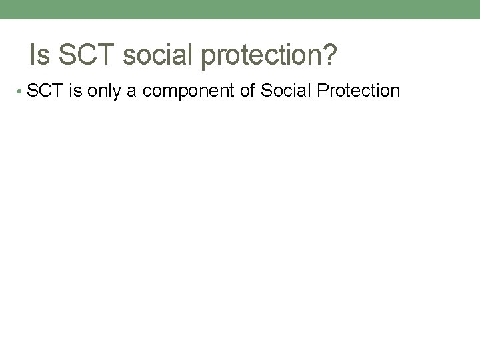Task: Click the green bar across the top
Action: pos(240,9)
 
